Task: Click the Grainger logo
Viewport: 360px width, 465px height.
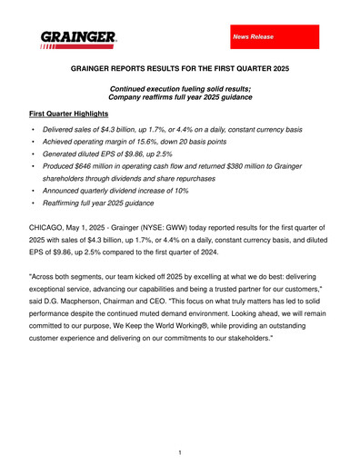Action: click(77, 39)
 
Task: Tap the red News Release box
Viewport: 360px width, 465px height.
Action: click(272, 36)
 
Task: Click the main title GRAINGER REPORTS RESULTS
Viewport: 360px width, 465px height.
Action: click(180, 68)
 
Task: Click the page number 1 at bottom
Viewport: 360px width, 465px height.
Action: click(180, 451)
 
